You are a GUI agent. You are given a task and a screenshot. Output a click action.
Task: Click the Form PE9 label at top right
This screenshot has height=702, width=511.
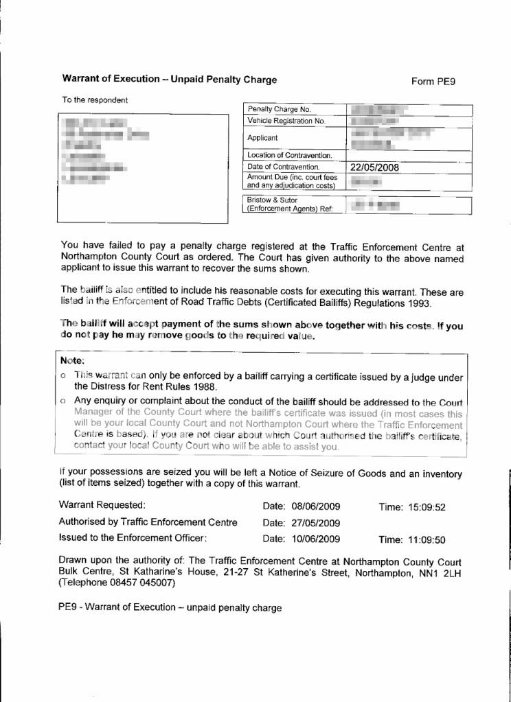click(433, 82)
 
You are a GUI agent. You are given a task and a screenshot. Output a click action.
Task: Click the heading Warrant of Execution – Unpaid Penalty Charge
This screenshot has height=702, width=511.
click(169, 80)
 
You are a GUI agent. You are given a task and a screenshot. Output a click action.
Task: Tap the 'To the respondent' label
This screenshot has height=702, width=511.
click(95, 100)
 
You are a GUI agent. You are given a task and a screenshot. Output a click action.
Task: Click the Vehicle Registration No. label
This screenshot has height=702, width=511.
click(286, 121)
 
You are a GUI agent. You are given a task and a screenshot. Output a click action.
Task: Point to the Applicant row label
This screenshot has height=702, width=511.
click(262, 138)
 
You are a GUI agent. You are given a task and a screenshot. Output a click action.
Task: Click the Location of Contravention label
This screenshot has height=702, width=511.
click(289, 155)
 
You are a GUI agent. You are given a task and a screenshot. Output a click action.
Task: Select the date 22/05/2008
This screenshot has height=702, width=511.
click(374, 167)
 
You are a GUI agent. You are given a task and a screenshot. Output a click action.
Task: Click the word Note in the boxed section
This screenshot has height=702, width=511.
click(71, 360)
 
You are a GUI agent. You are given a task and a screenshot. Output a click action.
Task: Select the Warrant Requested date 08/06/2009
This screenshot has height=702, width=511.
click(317, 507)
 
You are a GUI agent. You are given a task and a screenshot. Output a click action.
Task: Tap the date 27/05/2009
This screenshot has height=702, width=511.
click(317, 523)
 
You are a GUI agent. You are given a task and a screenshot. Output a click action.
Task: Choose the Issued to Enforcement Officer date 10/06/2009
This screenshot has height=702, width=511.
click(317, 539)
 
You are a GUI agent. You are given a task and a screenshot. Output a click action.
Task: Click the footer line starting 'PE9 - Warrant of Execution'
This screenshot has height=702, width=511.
click(170, 608)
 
